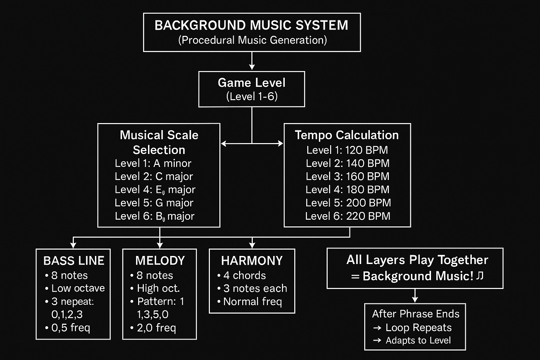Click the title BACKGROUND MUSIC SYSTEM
(251, 25)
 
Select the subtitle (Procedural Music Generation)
(252, 40)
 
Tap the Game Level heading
(251, 83)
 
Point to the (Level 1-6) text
(252, 96)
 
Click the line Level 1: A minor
(153, 163)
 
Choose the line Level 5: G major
(154, 203)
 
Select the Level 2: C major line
(154, 176)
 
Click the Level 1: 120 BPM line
(347, 150)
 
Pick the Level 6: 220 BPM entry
(348, 216)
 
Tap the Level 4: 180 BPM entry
(347, 190)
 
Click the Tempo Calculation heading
(347, 135)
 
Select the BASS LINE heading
(74, 261)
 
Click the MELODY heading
(160, 261)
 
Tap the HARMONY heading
(252, 261)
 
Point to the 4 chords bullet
(244, 276)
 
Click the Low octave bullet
(78, 288)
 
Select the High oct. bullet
(158, 288)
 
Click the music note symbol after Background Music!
(480, 276)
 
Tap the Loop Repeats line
(418, 328)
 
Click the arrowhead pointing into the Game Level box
(252, 67)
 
